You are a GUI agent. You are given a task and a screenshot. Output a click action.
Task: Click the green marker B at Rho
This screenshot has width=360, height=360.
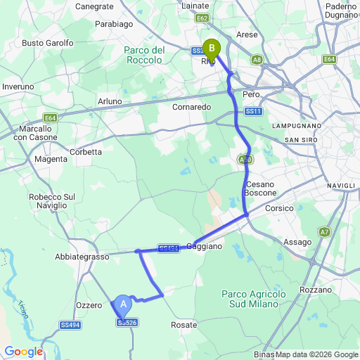pyautogui.click(x=211, y=49)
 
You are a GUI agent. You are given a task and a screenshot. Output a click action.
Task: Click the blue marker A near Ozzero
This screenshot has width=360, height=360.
pyautogui.click(x=123, y=304)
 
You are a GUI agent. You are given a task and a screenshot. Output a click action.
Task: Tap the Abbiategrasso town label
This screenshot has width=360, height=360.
pyautogui.click(x=82, y=257)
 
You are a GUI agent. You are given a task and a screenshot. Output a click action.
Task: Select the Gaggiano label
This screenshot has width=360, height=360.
pyautogui.click(x=205, y=247)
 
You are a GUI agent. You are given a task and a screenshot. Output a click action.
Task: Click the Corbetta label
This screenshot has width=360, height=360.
pyautogui.click(x=86, y=152)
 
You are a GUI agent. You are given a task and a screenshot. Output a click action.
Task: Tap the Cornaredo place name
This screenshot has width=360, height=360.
pyautogui.click(x=193, y=108)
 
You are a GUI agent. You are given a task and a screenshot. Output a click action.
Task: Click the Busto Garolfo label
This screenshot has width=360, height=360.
pyautogui.click(x=48, y=43)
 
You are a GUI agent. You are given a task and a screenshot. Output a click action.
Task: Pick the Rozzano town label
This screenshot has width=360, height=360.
pyautogui.click(x=315, y=290)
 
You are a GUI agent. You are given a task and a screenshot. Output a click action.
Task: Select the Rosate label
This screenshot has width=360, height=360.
pyautogui.click(x=184, y=325)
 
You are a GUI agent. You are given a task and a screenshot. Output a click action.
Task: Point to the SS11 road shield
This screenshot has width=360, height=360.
pyautogui.click(x=254, y=111)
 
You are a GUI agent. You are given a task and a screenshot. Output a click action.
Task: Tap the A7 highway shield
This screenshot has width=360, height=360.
pyautogui.click(x=324, y=231)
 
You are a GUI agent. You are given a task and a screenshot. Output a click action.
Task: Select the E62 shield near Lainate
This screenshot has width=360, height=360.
pyautogui.click(x=202, y=18)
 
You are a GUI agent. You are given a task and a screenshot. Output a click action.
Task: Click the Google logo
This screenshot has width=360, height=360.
pyautogui.click(x=23, y=352)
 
